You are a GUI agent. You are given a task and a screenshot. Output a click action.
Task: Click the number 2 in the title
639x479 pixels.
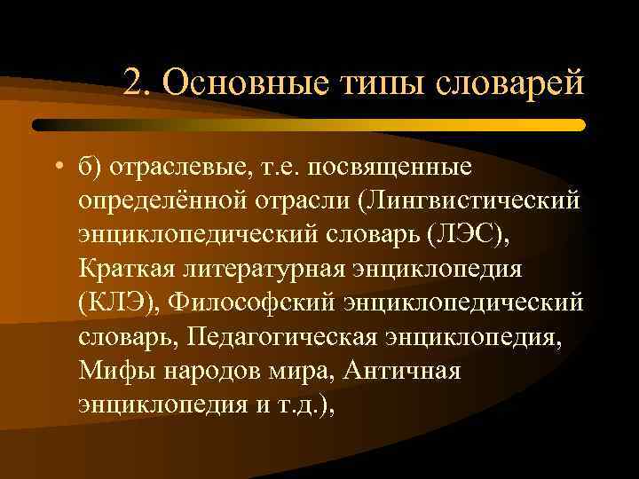[x=134, y=84]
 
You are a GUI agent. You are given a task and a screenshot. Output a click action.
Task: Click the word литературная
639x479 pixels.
[x=270, y=267]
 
